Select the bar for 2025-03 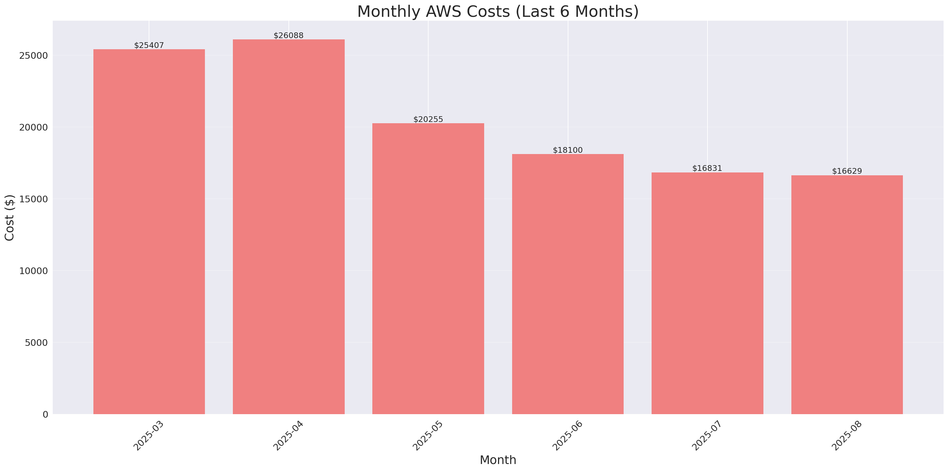149,232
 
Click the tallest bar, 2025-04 288,227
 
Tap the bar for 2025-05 428,269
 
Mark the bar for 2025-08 847,295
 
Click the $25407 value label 149,45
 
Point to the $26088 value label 288,35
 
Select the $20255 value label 428,119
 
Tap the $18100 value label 567,150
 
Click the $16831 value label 707,168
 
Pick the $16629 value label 847,171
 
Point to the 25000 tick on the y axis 34,56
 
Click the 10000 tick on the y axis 34,271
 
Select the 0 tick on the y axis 45,415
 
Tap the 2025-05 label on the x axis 428,436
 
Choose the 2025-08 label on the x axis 847,436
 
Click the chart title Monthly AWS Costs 498,11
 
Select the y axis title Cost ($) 9,218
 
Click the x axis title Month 498,460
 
